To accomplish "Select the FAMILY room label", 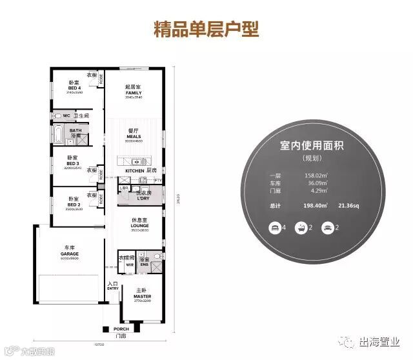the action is (x=134, y=93).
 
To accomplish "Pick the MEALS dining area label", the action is (x=134, y=135).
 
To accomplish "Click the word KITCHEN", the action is (x=135, y=170).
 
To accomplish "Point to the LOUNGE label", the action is (x=139, y=225).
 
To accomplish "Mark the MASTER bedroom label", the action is (x=143, y=296).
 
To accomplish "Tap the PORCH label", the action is (x=122, y=328).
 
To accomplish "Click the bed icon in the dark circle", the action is (x=275, y=227).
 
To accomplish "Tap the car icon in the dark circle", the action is (x=327, y=227).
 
